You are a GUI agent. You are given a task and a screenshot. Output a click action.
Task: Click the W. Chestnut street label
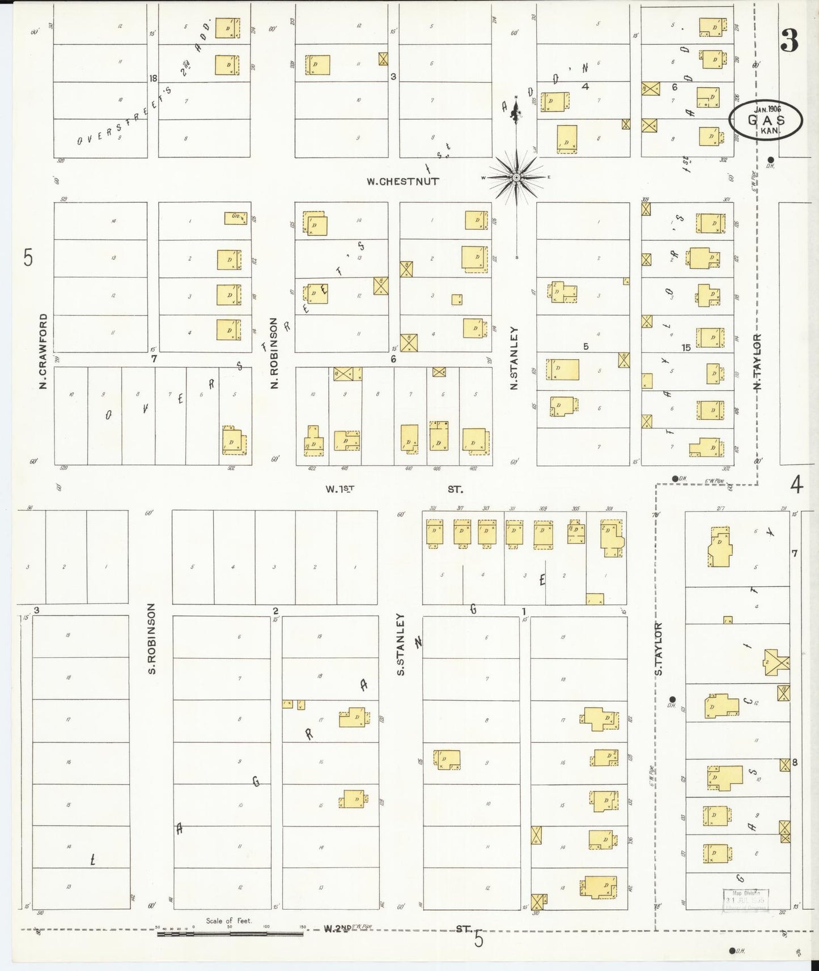(x=402, y=182)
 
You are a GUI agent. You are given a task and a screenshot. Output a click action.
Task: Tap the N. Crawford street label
(x=43, y=352)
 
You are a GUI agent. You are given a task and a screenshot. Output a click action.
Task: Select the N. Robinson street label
(x=274, y=353)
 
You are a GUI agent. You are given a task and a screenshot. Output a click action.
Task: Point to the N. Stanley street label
(x=515, y=357)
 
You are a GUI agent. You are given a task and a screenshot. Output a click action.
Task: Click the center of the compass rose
(x=516, y=178)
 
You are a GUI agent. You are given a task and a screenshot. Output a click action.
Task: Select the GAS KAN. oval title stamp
(x=765, y=120)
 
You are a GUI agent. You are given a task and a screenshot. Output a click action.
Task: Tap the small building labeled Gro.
(x=236, y=218)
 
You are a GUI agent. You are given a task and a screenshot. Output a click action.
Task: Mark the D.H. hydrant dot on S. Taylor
(x=673, y=699)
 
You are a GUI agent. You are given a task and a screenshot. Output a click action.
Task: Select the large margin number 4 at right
(x=796, y=485)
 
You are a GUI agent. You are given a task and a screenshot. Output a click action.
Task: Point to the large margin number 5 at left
(x=28, y=258)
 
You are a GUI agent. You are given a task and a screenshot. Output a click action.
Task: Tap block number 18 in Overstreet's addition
(x=152, y=78)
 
